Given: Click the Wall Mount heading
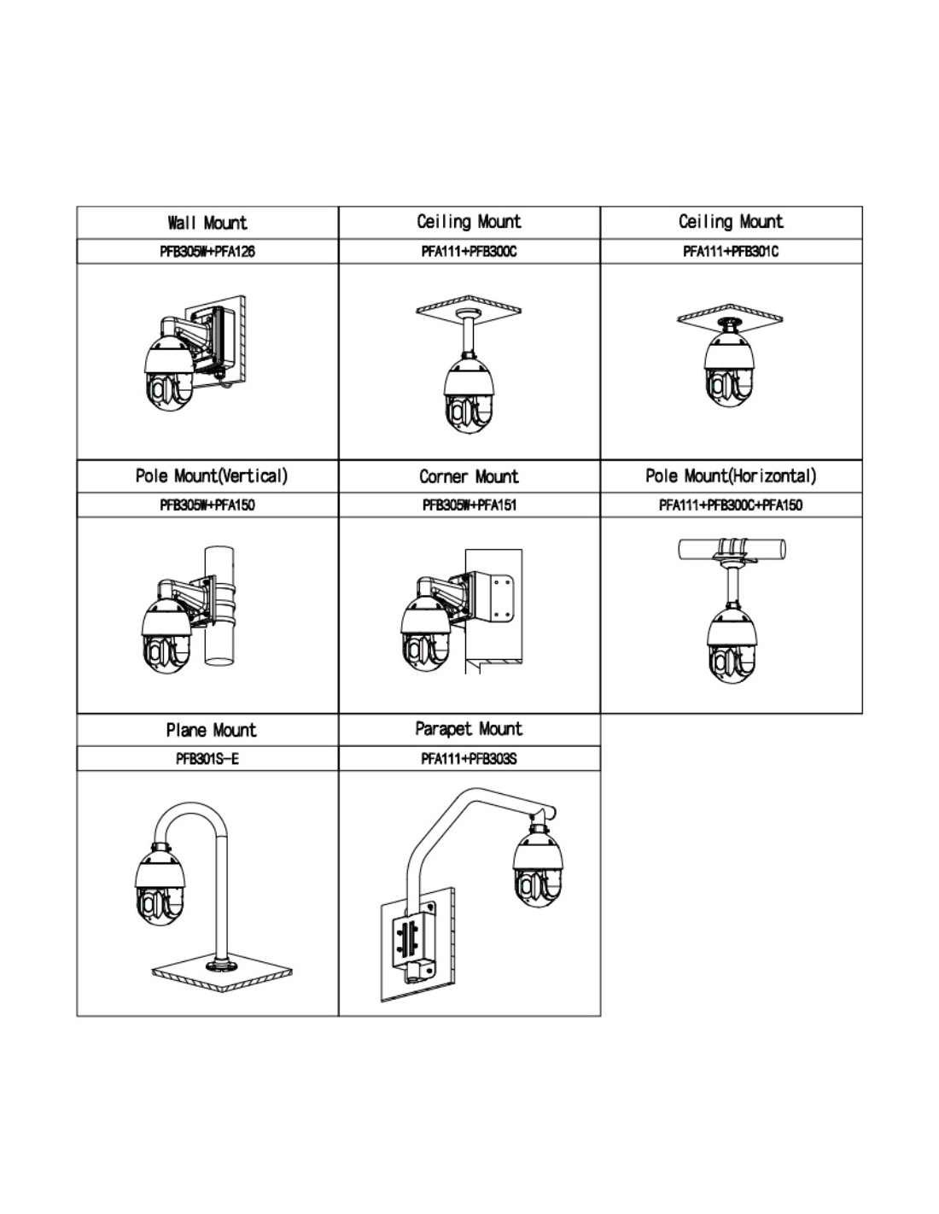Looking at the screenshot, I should (x=207, y=223).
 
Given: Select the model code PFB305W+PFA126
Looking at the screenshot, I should (x=207, y=252).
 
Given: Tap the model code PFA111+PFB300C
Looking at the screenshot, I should (x=469, y=252).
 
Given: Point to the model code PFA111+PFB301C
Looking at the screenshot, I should (x=731, y=252).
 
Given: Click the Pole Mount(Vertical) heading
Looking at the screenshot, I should (x=212, y=476).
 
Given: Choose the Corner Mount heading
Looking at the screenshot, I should (x=469, y=476).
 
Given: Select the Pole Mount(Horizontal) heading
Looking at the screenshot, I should (x=731, y=476).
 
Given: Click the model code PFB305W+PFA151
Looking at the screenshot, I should (x=469, y=505).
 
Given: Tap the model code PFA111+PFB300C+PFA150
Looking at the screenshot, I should (x=731, y=505).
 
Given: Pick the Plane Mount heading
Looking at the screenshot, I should (x=211, y=730).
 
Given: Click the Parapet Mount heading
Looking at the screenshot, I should (x=469, y=729).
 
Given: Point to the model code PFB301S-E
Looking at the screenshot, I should (x=207, y=758).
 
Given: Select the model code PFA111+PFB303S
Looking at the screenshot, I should (x=469, y=758).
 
